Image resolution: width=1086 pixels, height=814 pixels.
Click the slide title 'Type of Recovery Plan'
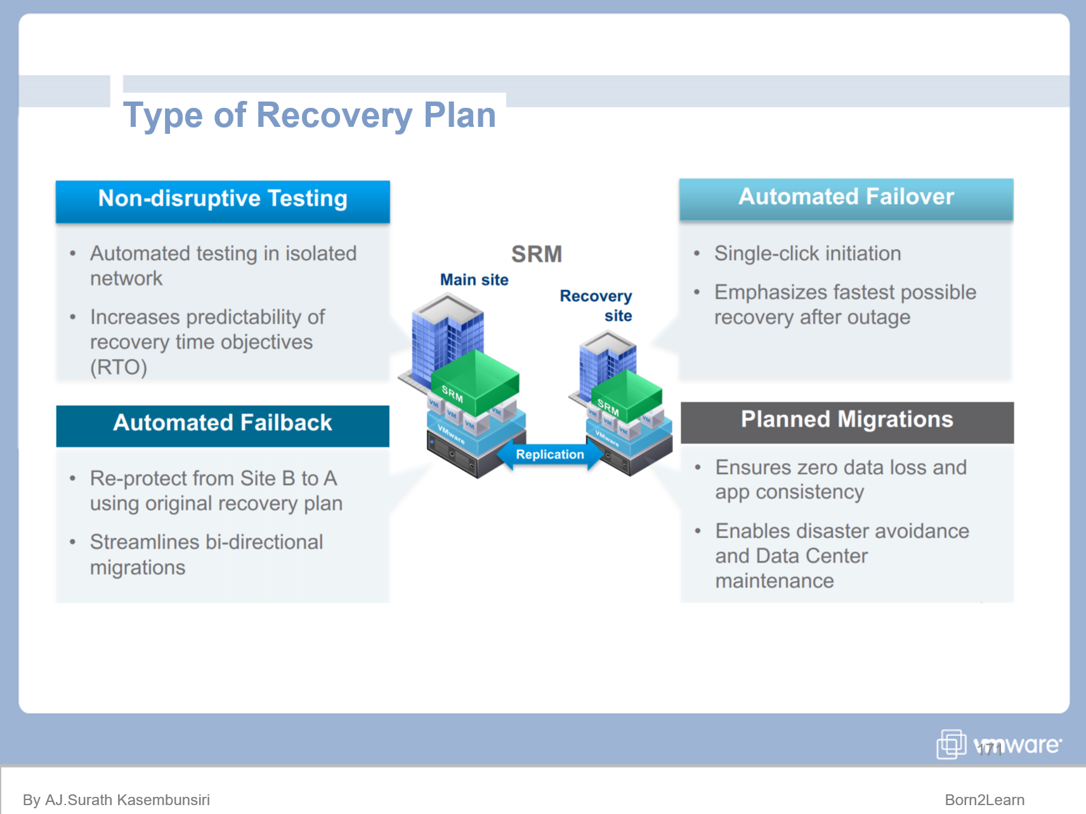pos(309,115)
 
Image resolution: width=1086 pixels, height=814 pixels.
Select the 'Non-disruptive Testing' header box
pos(223,200)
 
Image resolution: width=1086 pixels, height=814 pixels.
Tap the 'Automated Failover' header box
pos(846,198)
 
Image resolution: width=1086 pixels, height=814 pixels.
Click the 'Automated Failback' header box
pos(223,424)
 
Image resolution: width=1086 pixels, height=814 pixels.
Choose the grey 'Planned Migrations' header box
pos(847,421)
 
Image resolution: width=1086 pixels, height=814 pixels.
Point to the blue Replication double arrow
pos(549,455)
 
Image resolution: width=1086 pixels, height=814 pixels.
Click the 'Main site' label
pos(474,280)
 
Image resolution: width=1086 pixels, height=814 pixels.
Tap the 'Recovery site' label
pos(596,305)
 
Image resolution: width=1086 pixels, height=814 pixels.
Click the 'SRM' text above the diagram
pos(537,254)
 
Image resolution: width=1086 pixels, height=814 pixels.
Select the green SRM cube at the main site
pos(476,381)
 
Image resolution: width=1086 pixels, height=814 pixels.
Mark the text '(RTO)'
pos(119,367)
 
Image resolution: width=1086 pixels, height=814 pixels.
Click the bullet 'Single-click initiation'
pos(807,254)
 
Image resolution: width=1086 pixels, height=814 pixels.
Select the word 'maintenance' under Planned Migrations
pos(774,581)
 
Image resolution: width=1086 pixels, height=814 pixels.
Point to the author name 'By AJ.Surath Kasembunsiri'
pos(116,799)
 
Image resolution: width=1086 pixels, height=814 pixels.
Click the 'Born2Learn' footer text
pos(984,799)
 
